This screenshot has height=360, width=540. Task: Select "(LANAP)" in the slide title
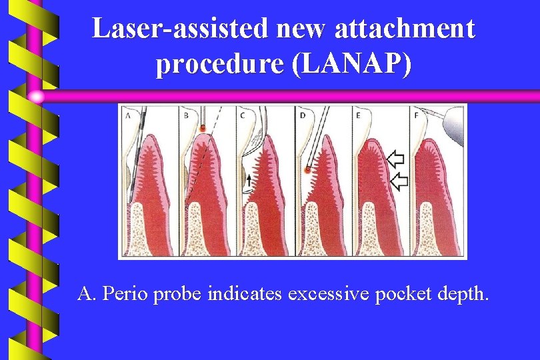(x=361, y=64)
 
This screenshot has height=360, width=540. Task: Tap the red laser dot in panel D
(x=307, y=170)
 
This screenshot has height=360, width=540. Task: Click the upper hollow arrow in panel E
(x=395, y=159)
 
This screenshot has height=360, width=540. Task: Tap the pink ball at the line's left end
(x=37, y=97)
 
